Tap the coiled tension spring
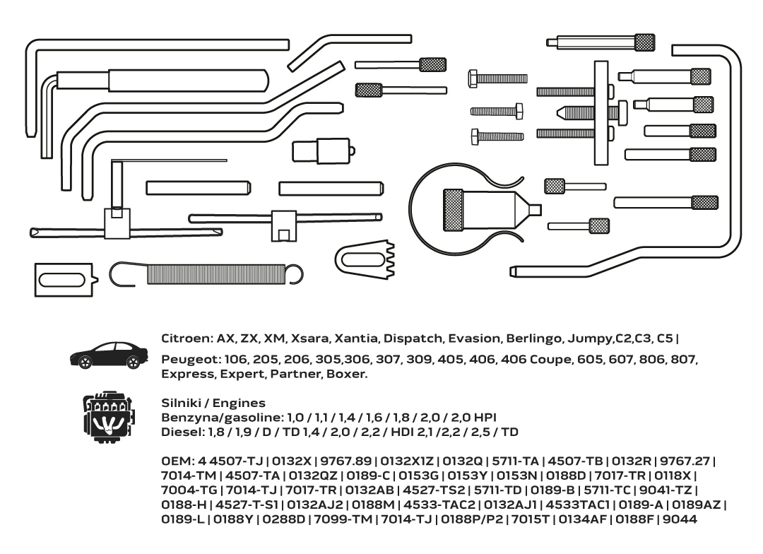point(212,273)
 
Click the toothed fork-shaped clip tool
point(365,254)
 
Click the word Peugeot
point(187,360)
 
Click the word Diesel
point(179,431)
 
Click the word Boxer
point(347,373)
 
